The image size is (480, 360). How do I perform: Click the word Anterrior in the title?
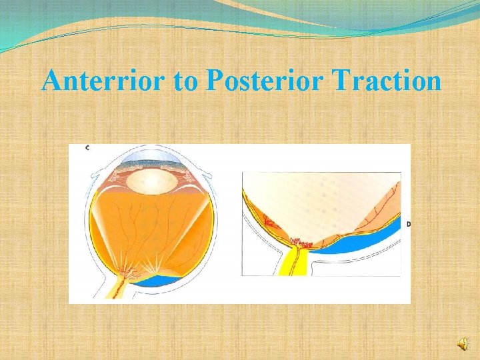point(101,81)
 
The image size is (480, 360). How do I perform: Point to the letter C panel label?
point(87,147)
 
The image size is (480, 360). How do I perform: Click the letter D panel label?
point(407,224)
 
